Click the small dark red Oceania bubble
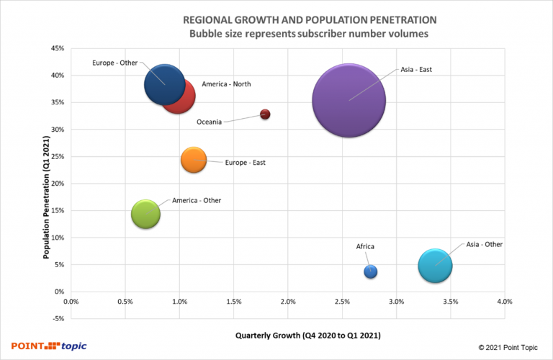[265, 114]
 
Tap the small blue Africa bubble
[371, 271]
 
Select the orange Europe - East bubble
[194, 160]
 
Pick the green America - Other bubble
[146, 214]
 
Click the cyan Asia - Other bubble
[435, 266]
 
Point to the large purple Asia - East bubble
[349, 101]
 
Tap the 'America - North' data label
[226, 84]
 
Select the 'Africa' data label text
[365, 247]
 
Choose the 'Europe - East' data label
[245, 163]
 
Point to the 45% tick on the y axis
[58, 48]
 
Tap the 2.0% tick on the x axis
[288, 302]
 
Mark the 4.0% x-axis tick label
[505, 302]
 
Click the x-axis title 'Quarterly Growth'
[308, 336]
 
